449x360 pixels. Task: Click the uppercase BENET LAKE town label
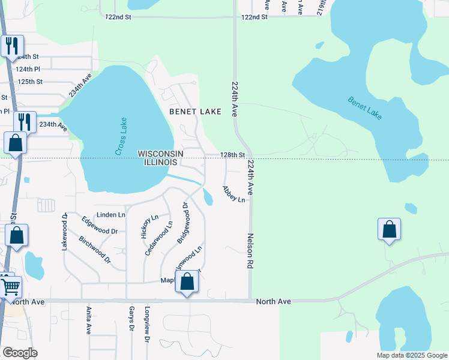[x=195, y=112]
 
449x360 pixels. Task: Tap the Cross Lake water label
[x=119, y=142]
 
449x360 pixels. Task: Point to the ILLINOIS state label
[x=160, y=163]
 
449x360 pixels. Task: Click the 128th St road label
[x=232, y=155]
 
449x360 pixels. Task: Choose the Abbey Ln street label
[x=234, y=194]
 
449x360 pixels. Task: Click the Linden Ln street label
[x=111, y=214]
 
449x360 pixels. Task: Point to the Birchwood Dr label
[x=95, y=250]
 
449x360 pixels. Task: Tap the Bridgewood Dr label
[x=182, y=223]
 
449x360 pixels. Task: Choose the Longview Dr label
[x=146, y=325]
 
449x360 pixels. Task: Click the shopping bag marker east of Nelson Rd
[x=389, y=229]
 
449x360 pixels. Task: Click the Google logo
[x=20, y=353]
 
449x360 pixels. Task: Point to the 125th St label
[x=30, y=81]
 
